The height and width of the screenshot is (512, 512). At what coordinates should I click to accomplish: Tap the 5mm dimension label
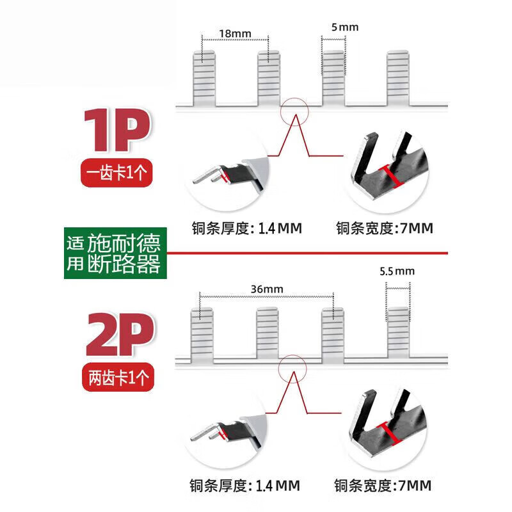coord(345,27)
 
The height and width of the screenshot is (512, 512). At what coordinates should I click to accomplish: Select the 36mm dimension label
coord(267,289)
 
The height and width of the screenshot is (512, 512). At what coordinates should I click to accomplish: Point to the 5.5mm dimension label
coord(397,271)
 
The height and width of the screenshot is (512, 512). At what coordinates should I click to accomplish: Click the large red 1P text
coord(117,131)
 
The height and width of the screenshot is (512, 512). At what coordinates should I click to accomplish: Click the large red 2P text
coord(120,337)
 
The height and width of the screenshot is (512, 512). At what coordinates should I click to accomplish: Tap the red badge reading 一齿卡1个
coord(118,173)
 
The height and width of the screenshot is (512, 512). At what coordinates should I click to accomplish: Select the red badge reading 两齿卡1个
coord(118,378)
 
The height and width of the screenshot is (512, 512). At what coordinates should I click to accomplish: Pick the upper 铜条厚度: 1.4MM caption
coord(246,228)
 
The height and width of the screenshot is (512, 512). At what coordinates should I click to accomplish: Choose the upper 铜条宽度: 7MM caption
coord(385,228)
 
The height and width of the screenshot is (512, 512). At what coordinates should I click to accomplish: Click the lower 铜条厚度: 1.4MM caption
coord(246,484)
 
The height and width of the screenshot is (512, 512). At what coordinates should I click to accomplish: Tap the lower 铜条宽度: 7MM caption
coord(385,484)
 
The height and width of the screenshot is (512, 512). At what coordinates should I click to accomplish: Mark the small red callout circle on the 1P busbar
coord(294,110)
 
